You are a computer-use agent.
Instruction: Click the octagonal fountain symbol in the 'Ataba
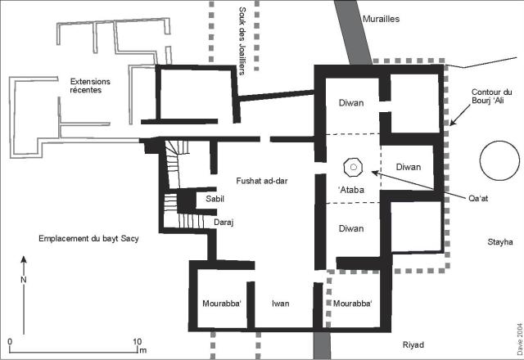pos(353,167)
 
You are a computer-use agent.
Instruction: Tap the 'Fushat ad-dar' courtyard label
pos(262,181)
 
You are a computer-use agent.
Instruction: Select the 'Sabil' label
pos(215,199)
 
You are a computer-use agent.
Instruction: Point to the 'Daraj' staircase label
pos(224,223)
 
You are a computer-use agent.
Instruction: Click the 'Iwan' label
pos(280,304)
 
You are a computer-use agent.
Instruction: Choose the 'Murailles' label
pos(381,19)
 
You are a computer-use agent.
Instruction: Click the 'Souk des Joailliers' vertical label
pos(242,41)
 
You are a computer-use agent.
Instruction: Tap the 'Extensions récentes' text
pos(90,85)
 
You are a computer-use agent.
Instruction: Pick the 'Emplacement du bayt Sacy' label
pos(88,238)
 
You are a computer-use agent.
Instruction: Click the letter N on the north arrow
pos(24,280)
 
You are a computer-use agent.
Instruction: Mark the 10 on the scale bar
pos(138,342)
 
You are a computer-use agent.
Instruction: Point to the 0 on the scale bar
pos(10,342)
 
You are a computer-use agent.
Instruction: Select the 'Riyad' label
pos(413,345)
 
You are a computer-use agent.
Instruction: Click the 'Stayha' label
pos(500,242)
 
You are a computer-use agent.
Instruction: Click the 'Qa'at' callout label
pos(478,198)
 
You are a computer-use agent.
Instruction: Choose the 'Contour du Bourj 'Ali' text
pos(491,97)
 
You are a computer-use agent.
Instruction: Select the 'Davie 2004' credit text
pos(520,339)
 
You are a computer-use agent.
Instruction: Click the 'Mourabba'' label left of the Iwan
pos(222,304)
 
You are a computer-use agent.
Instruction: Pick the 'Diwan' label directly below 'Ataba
pos(351,228)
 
